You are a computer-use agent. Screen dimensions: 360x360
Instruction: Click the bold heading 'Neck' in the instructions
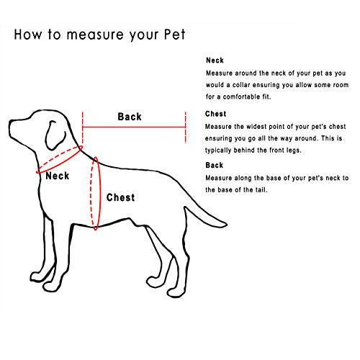pos(214,62)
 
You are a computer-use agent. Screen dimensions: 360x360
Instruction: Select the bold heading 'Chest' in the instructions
pos(216,114)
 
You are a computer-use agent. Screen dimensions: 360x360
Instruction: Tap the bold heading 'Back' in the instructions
pos(215,166)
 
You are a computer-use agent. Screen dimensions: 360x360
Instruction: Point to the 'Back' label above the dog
pos(130,117)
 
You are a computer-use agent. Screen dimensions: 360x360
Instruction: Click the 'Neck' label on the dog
pos(58,176)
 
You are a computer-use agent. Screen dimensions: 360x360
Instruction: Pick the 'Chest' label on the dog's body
pos(120,197)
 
